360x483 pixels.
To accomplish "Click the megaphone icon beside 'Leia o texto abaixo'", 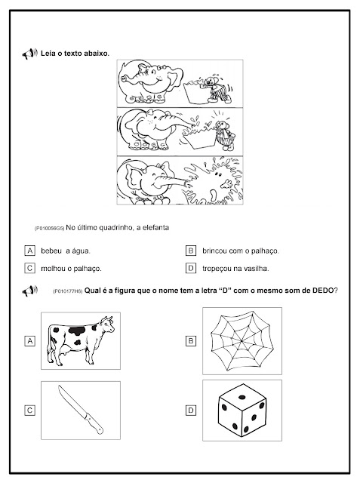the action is (29, 54).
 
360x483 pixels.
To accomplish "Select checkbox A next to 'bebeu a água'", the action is (30, 251).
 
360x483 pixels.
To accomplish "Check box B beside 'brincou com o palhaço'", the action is (191, 251).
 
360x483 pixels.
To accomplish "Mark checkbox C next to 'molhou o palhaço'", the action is (30, 269).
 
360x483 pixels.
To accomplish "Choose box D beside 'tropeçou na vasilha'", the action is (191, 269).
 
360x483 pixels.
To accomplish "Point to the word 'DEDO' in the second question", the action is (323, 290).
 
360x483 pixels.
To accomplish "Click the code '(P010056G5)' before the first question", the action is (49, 228).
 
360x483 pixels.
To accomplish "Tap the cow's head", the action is (106, 325).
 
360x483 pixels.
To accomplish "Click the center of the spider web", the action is (242, 340).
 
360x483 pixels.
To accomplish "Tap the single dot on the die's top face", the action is (242, 397).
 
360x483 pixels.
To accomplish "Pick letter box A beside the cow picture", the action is (30, 341).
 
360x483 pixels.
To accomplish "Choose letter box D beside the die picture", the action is (191, 411).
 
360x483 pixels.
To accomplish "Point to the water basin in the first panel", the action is (196, 91).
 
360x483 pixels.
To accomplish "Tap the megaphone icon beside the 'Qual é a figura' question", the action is (29, 291).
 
